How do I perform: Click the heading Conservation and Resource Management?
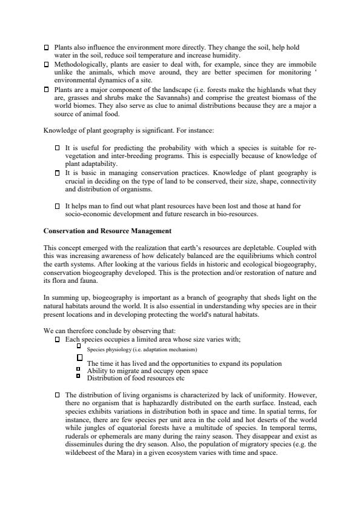pyautogui.click(x=107, y=231)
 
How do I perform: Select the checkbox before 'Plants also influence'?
pyautogui.click(x=47, y=47)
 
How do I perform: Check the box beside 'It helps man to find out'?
pyautogui.click(x=57, y=206)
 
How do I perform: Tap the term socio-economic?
pyautogui.click(x=88, y=214)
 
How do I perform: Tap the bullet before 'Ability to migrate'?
pyautogui.click(x=79, y=369)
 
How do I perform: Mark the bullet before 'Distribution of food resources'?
pyautogui.click(x=79, y=376)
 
